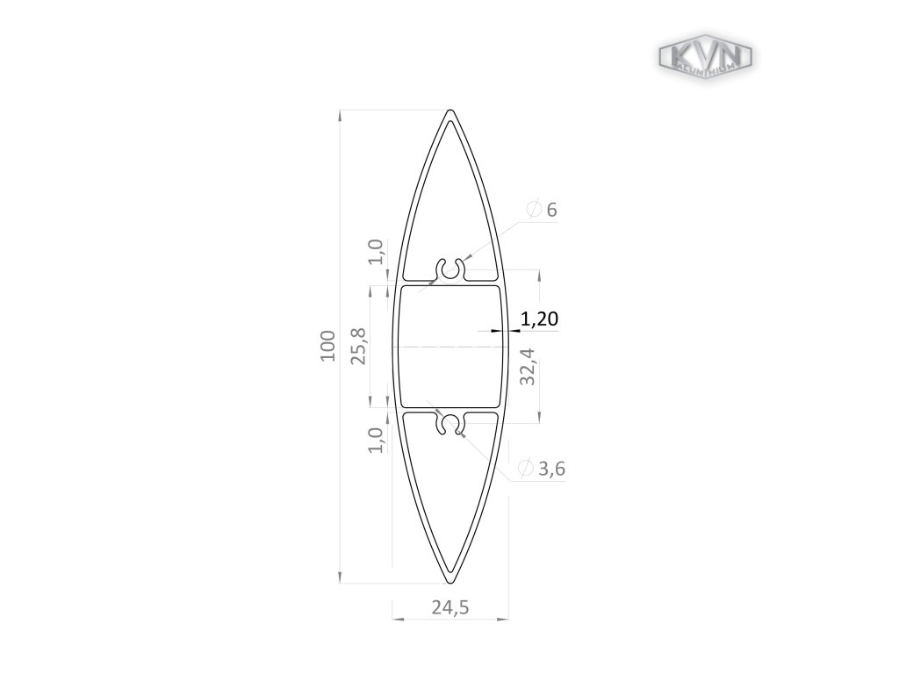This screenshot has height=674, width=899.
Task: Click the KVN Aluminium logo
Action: click(x=705, y=57)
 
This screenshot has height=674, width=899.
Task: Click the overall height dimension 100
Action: click(x=328, y=346)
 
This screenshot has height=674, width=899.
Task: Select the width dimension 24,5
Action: click(x=450, y=606)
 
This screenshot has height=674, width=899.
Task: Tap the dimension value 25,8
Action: click(x=359, y=346)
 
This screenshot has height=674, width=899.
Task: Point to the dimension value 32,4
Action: click(x=528, y=366)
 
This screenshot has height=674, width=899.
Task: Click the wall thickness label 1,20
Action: click(x=540, y=319)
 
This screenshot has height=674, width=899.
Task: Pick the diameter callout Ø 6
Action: click(x=542, y=210)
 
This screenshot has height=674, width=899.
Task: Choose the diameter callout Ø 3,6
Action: click(x=542, y=469)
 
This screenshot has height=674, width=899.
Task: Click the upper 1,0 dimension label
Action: click(x=376, y=252)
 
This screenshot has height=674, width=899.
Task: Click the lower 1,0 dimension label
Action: click(x=376, y=440)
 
